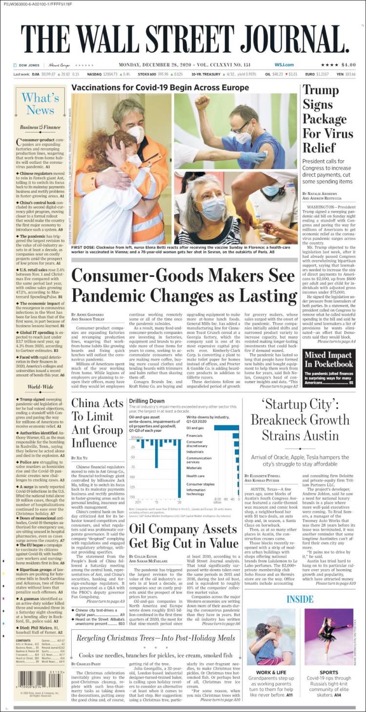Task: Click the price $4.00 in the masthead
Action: (348, 65)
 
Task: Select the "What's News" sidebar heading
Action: (40, 104)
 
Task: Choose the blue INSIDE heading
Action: (300, 599)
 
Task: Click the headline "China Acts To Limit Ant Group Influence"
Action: (98, 423)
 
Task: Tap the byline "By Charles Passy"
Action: (88, 664)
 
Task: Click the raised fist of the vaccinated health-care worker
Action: (203, 102)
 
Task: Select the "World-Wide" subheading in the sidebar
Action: (40, 387)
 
